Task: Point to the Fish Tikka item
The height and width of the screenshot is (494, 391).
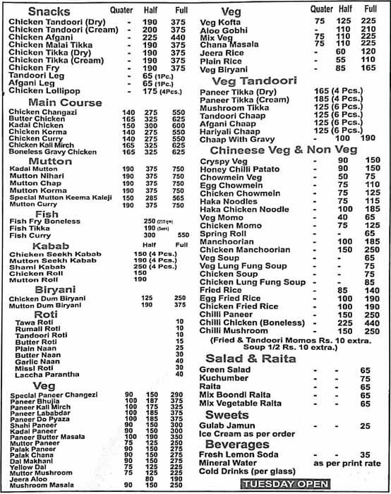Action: (25, 228)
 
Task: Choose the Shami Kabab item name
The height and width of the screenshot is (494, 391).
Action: (30, 266)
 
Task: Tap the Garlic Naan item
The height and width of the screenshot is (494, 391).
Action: (30, 361)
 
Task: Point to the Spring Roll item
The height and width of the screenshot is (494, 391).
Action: (219, 233)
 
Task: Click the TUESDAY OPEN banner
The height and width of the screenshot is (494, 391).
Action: (284, 483)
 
